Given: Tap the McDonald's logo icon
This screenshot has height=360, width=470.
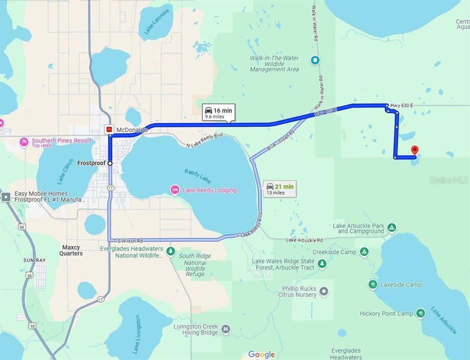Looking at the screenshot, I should point(109,129).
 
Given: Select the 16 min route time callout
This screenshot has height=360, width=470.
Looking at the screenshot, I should point(219,112).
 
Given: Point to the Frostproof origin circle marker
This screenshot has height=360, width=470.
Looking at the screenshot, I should point(110,163).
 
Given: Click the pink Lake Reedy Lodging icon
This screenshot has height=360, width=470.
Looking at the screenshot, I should point(175,190).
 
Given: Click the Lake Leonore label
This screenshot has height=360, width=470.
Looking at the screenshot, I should point(157,21).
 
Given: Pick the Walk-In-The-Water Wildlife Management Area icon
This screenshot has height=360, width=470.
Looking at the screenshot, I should point(315,60).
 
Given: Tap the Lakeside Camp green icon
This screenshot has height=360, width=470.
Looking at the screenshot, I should point(373,284).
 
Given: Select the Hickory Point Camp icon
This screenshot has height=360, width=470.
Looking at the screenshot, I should point(421,313).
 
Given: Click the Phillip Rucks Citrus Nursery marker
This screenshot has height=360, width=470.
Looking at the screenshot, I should point(324,291).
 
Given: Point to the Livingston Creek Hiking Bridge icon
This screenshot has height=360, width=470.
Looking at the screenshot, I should point(226,329).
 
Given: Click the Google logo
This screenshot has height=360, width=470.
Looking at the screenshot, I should point(261,354).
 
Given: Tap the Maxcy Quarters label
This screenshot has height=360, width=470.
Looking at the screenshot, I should point(72,250).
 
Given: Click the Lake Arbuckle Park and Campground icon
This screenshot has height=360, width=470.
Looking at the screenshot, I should point(392,228).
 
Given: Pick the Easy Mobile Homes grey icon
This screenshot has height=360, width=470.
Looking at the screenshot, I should point(6,196).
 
